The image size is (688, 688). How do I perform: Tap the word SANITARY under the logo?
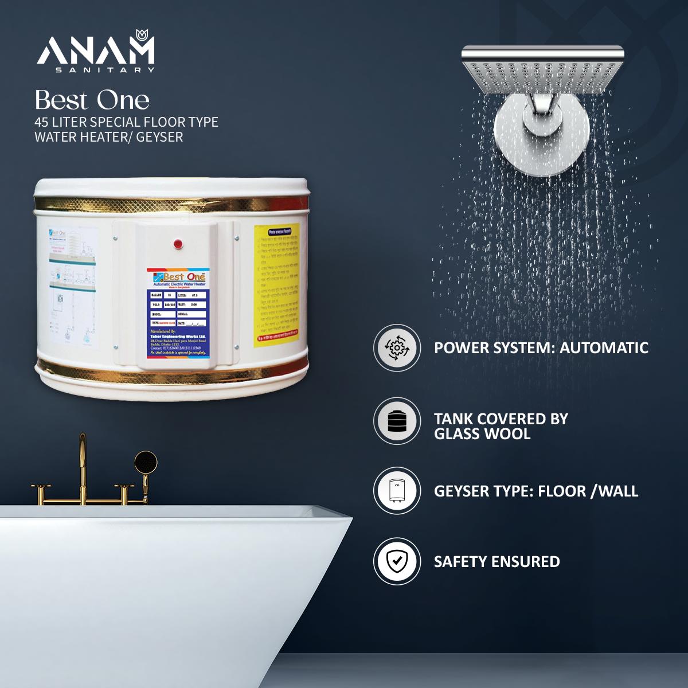105,70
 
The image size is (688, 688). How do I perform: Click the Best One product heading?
92,100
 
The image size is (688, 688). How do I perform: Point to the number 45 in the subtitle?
41,122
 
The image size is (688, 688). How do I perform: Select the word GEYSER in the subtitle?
159,137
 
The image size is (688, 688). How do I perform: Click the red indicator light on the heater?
178,244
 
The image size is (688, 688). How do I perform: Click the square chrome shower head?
542,72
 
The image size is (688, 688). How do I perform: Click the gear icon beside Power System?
397,348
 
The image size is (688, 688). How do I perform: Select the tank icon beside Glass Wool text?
397,421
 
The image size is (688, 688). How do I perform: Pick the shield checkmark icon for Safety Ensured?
397,561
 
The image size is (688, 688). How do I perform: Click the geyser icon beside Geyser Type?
397,491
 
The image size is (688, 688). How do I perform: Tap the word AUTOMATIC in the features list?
604,348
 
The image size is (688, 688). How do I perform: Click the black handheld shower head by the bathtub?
146,462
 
